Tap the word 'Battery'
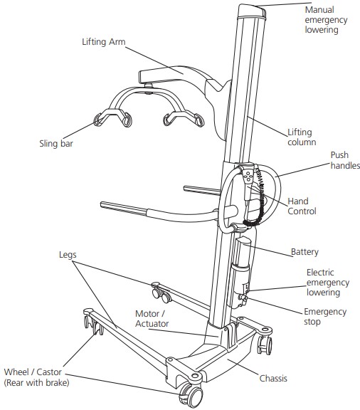pos(305,252)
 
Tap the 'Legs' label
pos(69,253)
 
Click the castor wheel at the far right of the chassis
pos(266,345)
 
